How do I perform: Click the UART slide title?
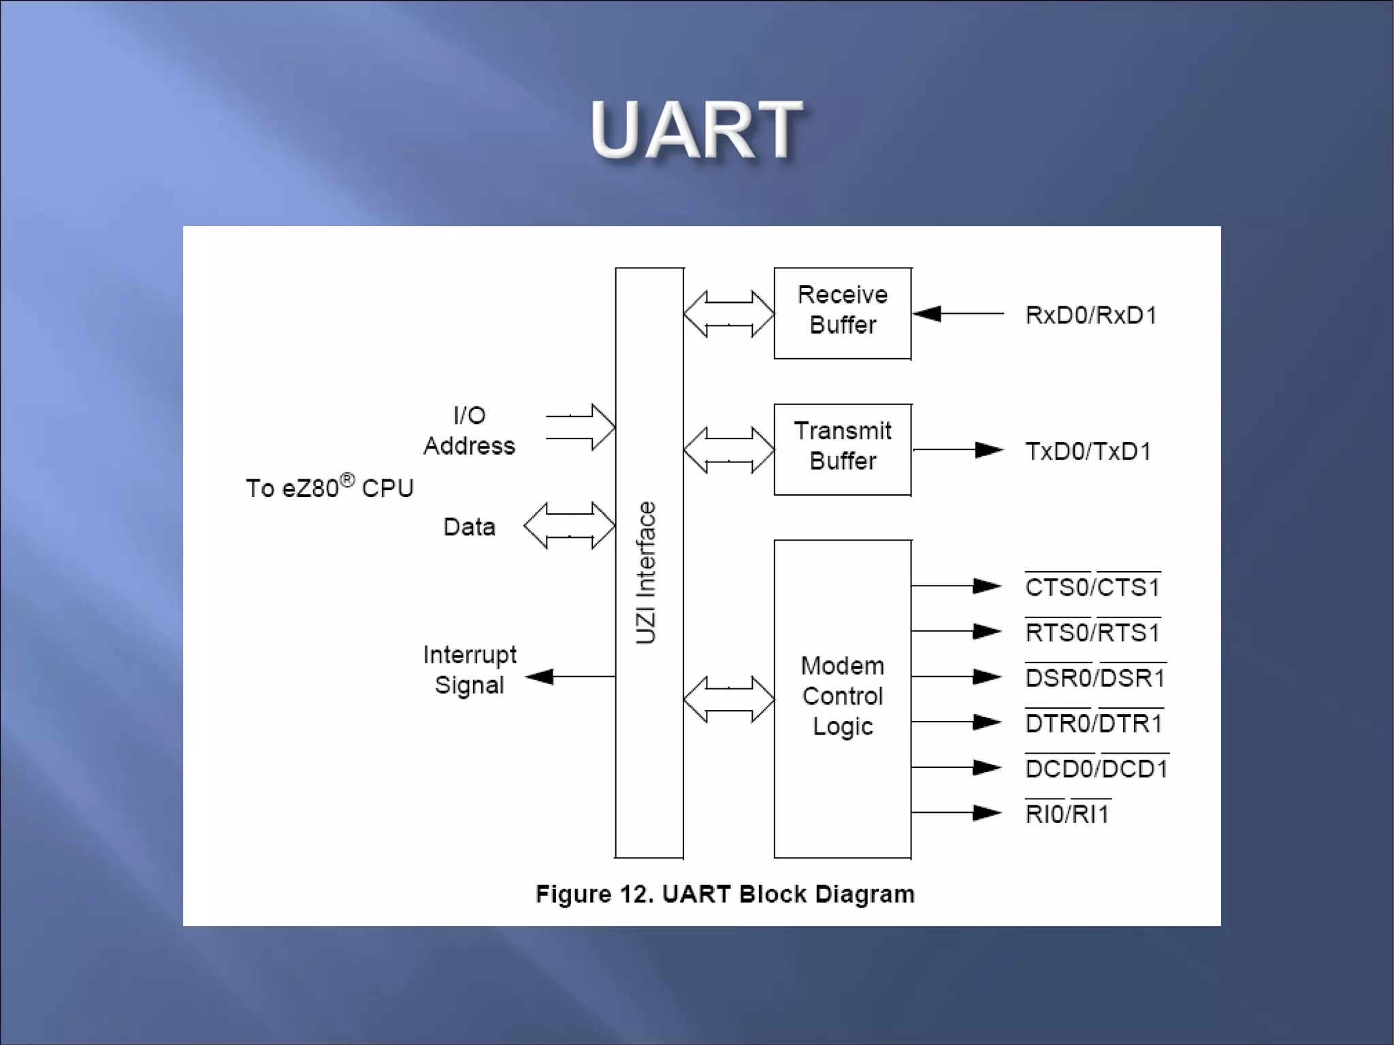coord(696,129)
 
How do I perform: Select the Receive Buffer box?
coord(842,312)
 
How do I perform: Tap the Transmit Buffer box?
coord(842,449)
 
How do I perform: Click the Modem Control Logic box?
coord(842,697)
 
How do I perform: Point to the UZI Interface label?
coord(645,573)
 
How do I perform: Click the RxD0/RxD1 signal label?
coord(1090,315)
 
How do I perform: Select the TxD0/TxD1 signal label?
coord(1088,451)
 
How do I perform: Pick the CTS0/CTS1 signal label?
coord(1092,587)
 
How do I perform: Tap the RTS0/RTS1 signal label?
coord(1092,632)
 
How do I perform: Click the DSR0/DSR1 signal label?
coord(1095,678)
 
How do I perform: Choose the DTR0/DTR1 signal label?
coord(1093,723)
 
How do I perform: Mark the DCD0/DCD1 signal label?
coord(1096,769)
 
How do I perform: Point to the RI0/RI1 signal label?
coord(1067,814)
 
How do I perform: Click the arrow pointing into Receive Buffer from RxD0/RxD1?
coord(957,313)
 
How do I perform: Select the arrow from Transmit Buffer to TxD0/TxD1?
coord(957,449)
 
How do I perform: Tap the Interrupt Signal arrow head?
coord(540,677)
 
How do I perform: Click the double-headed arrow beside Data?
coord(570,526)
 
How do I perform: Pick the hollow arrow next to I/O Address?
coord(581,427)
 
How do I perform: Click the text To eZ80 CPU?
coord(329,487)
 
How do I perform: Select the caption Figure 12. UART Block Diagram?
coord(725,894)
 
